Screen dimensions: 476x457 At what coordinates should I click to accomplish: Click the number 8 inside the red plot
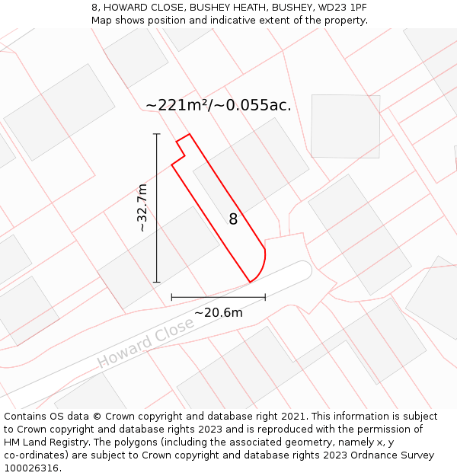click(233, 219)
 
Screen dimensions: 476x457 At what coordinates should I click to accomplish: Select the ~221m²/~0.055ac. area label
click(218, 105)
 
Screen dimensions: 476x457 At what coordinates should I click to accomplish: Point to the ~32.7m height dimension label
click(142, 208)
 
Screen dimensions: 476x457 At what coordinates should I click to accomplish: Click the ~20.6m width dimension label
click(218, 312)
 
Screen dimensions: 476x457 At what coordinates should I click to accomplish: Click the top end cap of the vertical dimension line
click(157, 134)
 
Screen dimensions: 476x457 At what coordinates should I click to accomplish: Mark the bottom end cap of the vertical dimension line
click(157, 283)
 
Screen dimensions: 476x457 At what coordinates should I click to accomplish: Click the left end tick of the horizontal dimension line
click(171, 297)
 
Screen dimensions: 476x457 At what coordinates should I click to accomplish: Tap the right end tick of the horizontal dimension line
click(265, 297)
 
